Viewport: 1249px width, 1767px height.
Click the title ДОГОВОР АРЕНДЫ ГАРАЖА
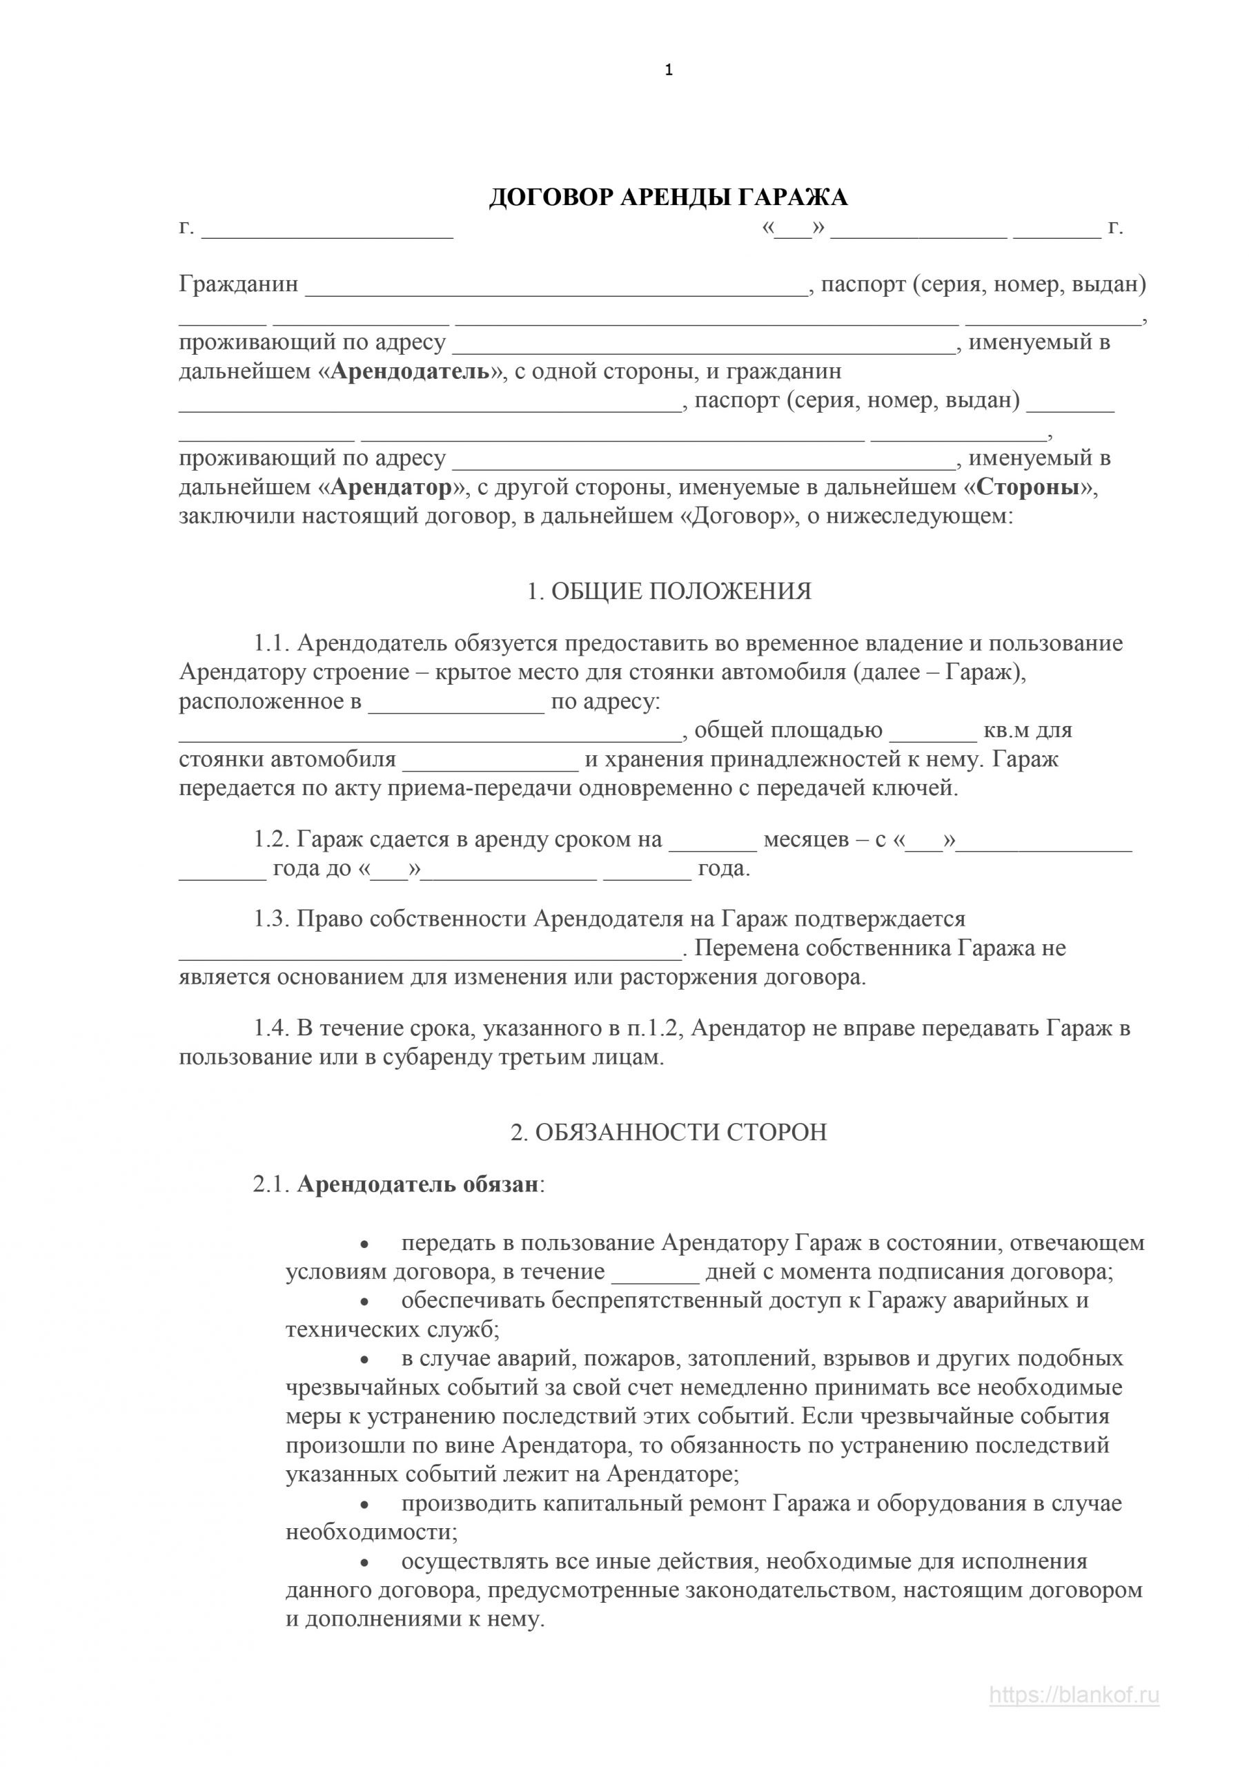(x=668, y=198)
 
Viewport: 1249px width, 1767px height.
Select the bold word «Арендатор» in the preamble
(x=392, y=488)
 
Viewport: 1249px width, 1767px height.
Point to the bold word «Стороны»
(x=1027, y=488)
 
